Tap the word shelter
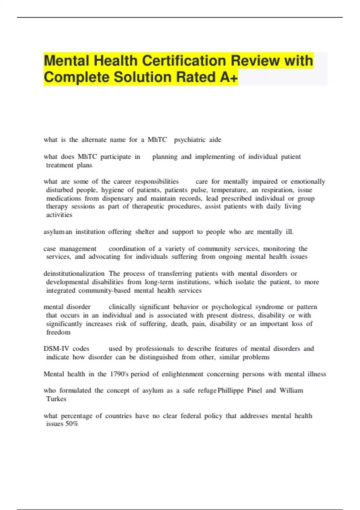click(145, 232)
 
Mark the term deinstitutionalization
click(74, 274)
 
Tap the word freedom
click(58, 332)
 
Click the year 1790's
click(119, 374)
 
